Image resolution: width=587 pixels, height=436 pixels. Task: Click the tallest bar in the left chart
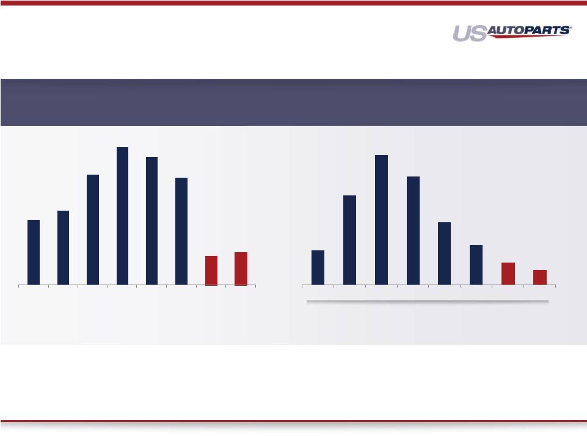coord(122,216)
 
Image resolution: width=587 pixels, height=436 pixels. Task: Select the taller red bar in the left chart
coord(241,269)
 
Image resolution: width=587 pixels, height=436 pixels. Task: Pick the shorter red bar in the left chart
coord(211,271)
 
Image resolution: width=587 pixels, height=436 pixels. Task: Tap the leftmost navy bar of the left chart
coord(34,252)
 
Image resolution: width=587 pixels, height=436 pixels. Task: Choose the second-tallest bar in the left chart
coord(151,221)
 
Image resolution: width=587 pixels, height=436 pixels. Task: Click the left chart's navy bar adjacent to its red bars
coord(181,231)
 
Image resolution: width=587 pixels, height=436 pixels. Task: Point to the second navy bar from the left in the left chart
coord(63,248)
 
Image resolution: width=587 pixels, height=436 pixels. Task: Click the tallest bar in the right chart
coord(382,220)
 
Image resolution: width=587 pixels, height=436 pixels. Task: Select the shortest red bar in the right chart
coord(540,277)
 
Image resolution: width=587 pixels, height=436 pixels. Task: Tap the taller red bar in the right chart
coord(508,274)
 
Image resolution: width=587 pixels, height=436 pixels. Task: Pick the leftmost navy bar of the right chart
coord(318,267)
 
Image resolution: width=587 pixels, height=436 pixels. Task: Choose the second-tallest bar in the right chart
coord(413,231)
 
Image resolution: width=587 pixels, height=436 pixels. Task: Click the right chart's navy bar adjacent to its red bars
coord(476,265)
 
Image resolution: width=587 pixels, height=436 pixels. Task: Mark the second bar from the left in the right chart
coord(349,240)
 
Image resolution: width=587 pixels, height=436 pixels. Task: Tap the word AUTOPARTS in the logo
coord(528,31)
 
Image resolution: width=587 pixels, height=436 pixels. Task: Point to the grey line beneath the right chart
coord(428,301)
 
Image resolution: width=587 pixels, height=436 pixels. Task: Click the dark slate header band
coord(293,102)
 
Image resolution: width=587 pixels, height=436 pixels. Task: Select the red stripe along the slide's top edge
coord(293,3)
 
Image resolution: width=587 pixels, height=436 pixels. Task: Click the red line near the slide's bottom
coord(293,421)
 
